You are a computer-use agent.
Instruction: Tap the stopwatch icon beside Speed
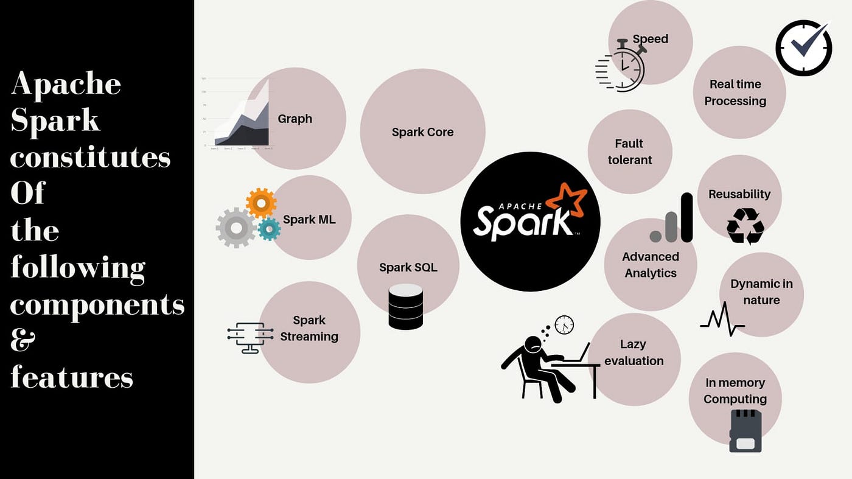pos(622,68)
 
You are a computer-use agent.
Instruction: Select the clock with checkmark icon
pos(803,48)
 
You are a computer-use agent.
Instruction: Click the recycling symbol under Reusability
pos(745,226)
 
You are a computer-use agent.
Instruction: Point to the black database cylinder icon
pos(405,307)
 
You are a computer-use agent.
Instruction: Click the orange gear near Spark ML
pos(261,203)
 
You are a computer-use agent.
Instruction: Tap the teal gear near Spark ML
pos(268,229)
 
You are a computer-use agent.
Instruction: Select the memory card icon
pos(745,431)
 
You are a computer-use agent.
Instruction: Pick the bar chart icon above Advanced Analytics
pos(672,219)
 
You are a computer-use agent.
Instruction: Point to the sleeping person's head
pos(534,344)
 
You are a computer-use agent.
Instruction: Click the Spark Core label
pos(422,132)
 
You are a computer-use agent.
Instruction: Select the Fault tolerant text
pos(629,152)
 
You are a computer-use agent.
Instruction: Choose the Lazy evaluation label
pos(634,352)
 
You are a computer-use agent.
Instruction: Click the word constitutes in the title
pos(90,157)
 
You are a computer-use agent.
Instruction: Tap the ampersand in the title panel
pos(23,341)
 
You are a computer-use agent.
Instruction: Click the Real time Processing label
pos(735,93)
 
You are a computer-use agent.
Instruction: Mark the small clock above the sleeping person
pos(564,325)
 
